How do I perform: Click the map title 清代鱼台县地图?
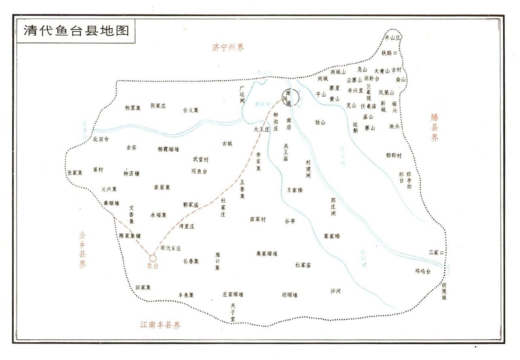76,31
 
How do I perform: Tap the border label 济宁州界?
228,48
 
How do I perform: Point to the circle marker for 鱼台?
152,258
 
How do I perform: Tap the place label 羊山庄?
392,38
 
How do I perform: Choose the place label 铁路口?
389,53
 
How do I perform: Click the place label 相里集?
133,108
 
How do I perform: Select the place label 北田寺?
101,139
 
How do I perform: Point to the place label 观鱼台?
199,171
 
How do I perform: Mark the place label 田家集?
143,288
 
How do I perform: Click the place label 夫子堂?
233,313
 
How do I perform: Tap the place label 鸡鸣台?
423,271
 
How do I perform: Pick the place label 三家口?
437,253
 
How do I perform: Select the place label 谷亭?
290,221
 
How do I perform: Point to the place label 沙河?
335,291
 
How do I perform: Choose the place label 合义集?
191,110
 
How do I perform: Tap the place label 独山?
320,122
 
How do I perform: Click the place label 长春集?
191,261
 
